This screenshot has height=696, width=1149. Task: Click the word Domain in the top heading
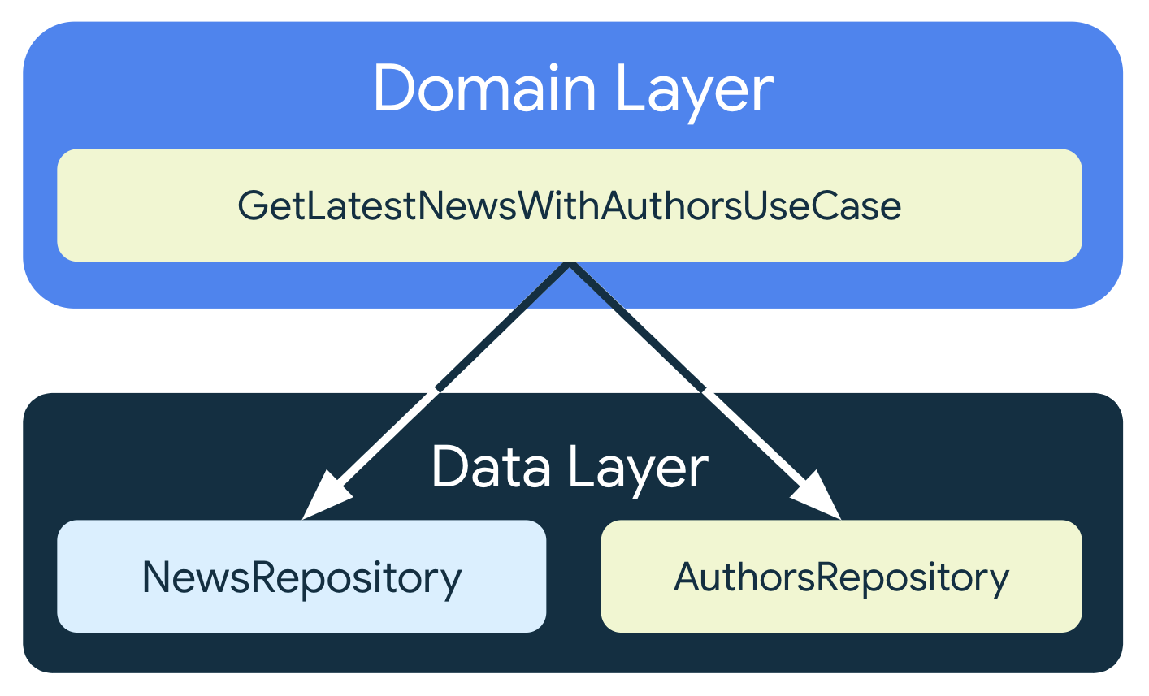pyautogui.click(x=484, y=89)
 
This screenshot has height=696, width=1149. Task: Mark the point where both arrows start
pyautogui.click(x=570, y=266)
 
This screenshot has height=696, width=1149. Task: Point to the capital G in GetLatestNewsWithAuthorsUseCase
pyautogui.click(x=252, y=206)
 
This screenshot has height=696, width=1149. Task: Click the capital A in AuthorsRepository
pyautogui.click(x=687, y=577)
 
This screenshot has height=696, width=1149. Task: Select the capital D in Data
pyautogui.click(x=449, y=468)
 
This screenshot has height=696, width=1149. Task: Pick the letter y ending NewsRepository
pyautogui.click(x=452, y=581)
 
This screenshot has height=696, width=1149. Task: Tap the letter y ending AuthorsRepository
pyautogui.click(x=999, y=581)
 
